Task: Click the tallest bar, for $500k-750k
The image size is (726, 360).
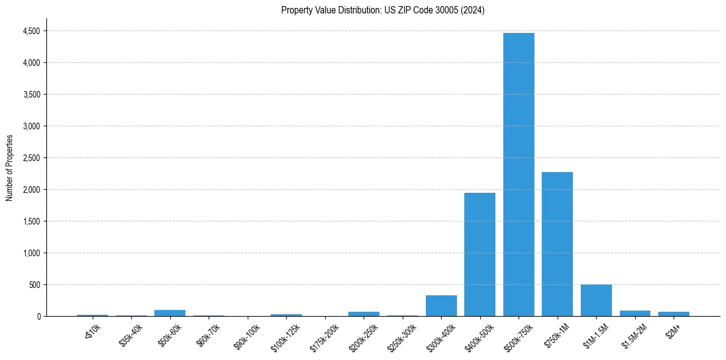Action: [x=519, y=177]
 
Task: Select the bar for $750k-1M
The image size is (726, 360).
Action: [x=557, y=244]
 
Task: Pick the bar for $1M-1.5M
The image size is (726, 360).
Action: [x=596, y=301]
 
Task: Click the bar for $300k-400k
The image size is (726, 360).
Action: [x=441, y=306]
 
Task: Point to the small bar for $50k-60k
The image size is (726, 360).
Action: [x=170, y=313]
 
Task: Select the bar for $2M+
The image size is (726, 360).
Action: [x=674, y=314]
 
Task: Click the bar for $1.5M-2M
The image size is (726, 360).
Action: [x=635, y=314]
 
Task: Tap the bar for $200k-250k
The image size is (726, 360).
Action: [x=364, y=314]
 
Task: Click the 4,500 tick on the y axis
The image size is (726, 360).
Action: [x=32, y=31]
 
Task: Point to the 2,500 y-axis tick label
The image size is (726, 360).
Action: [x=32, y=158]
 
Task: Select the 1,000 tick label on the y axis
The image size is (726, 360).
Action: [x=32, y=253]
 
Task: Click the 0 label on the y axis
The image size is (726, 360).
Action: [x=38, y=317]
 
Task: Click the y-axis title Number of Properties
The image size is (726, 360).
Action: [x=9, y=168]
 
